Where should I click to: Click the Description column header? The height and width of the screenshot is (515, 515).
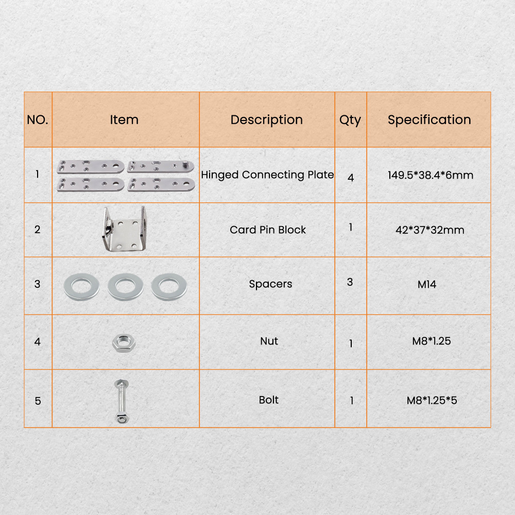coord(266,120)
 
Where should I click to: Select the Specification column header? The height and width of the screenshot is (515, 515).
coord(430,120)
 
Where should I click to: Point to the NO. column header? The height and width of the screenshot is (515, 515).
coord(38,120)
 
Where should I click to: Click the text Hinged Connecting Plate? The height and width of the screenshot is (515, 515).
coord(267,175)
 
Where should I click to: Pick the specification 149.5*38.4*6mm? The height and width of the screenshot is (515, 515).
coord(430,175)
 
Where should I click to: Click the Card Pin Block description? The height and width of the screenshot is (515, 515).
coord(268,230)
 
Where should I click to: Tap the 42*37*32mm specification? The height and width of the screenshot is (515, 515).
coord(430,230)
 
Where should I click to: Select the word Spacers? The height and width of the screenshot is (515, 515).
coord(270,284)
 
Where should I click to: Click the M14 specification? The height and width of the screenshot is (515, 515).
coord(426,284)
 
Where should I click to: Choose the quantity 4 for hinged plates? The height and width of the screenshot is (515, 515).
coord(350,178)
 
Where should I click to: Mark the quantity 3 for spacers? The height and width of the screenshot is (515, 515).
coord(350,282)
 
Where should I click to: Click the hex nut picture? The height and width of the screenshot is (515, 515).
coord(124,343)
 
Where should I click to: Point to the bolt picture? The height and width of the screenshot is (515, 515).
coord(122,401)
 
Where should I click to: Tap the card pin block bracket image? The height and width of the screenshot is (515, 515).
coord(125,229)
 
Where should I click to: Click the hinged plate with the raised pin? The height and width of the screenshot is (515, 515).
coord(161,166)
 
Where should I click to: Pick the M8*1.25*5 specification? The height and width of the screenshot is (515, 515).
coord(432,400)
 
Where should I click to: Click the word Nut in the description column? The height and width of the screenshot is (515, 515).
coord(269,341)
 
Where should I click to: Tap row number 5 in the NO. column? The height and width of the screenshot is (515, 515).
coord(38,401)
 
